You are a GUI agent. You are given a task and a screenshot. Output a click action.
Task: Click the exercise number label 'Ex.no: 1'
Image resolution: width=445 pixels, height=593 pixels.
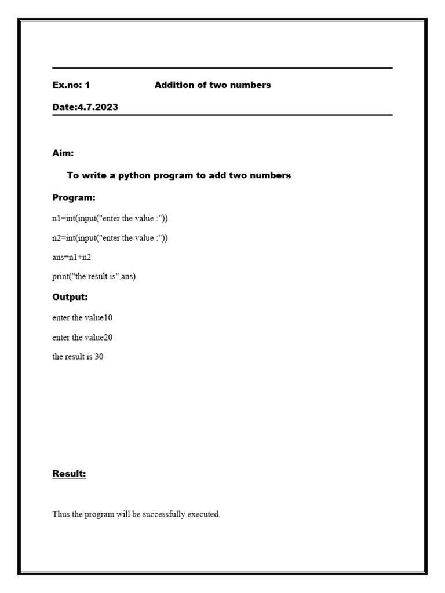pos(71,85)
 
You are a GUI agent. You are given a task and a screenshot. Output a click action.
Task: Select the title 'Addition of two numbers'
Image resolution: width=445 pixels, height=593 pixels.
pos(213,85)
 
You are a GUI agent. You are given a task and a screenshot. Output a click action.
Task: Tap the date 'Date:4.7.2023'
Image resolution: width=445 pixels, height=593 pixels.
pos(85,107)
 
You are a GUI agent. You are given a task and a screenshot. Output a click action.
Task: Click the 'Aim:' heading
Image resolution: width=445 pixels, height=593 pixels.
pos(63,153)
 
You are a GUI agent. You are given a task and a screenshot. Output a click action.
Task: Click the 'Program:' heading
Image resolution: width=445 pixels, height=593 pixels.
pos(74,197)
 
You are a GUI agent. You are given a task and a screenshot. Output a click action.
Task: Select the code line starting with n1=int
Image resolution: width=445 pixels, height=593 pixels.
pos(110,218)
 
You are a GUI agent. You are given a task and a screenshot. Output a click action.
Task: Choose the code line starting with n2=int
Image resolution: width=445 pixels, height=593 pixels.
pos(110,238)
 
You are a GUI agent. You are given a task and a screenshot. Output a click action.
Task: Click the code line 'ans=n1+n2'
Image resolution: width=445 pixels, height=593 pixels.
pos(72,257)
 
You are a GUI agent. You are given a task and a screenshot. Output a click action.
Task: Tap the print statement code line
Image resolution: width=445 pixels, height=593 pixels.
pos(94,277)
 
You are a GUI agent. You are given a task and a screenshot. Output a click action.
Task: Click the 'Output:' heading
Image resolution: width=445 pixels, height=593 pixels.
pos(70,297)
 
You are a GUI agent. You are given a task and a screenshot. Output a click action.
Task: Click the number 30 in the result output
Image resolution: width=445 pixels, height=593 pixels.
pos(99,357)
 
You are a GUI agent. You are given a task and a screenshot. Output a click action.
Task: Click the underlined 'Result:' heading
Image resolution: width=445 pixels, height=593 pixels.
pos(69,474)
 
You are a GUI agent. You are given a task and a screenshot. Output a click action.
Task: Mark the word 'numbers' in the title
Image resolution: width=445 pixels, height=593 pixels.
pos(251,85)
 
